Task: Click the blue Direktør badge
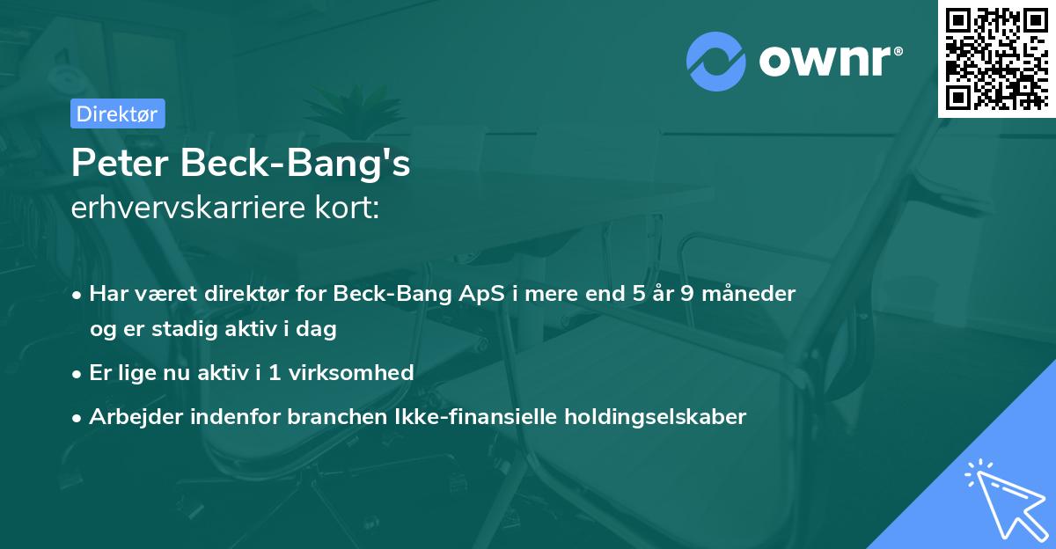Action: coord(118,113)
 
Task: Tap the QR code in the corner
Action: coord(997,58)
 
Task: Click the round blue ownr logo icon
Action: coord(716,62)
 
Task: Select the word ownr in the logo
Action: coord(825,61)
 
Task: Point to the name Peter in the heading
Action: coord(120,163)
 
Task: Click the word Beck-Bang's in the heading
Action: coord(295,163)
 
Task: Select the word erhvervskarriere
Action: coord(188,208)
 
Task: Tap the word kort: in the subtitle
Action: coord(347,208)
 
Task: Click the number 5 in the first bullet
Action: coord(638,294)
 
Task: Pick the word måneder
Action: coord(749,294)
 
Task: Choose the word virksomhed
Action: coord(351,372)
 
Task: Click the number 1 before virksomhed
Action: coord(275,373)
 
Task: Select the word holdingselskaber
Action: coord(656,416)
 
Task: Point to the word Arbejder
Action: coord(136,416)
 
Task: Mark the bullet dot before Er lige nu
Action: coord(77,375)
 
